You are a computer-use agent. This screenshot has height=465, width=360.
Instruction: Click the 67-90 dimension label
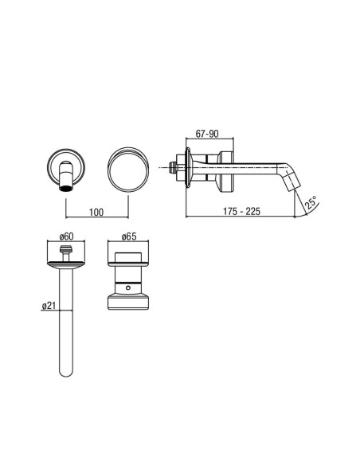[x=207, y=134]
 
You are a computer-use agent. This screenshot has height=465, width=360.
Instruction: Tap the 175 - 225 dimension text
[x=241, y=211]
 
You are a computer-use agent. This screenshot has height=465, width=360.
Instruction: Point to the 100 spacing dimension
[x=96, y=212]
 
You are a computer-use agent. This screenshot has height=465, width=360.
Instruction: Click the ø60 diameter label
[x=66, y=236]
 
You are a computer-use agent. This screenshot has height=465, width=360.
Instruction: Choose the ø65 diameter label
[x=129, y=236]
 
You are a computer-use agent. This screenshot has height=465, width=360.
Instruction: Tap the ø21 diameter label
[x=49, y=306]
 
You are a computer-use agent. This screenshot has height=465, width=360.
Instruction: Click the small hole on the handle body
[x=127, y=287]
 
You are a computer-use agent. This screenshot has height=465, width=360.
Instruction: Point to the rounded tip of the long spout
[x=66, y=373]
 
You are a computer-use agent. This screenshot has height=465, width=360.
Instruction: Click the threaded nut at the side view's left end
[x=171, y=168]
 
